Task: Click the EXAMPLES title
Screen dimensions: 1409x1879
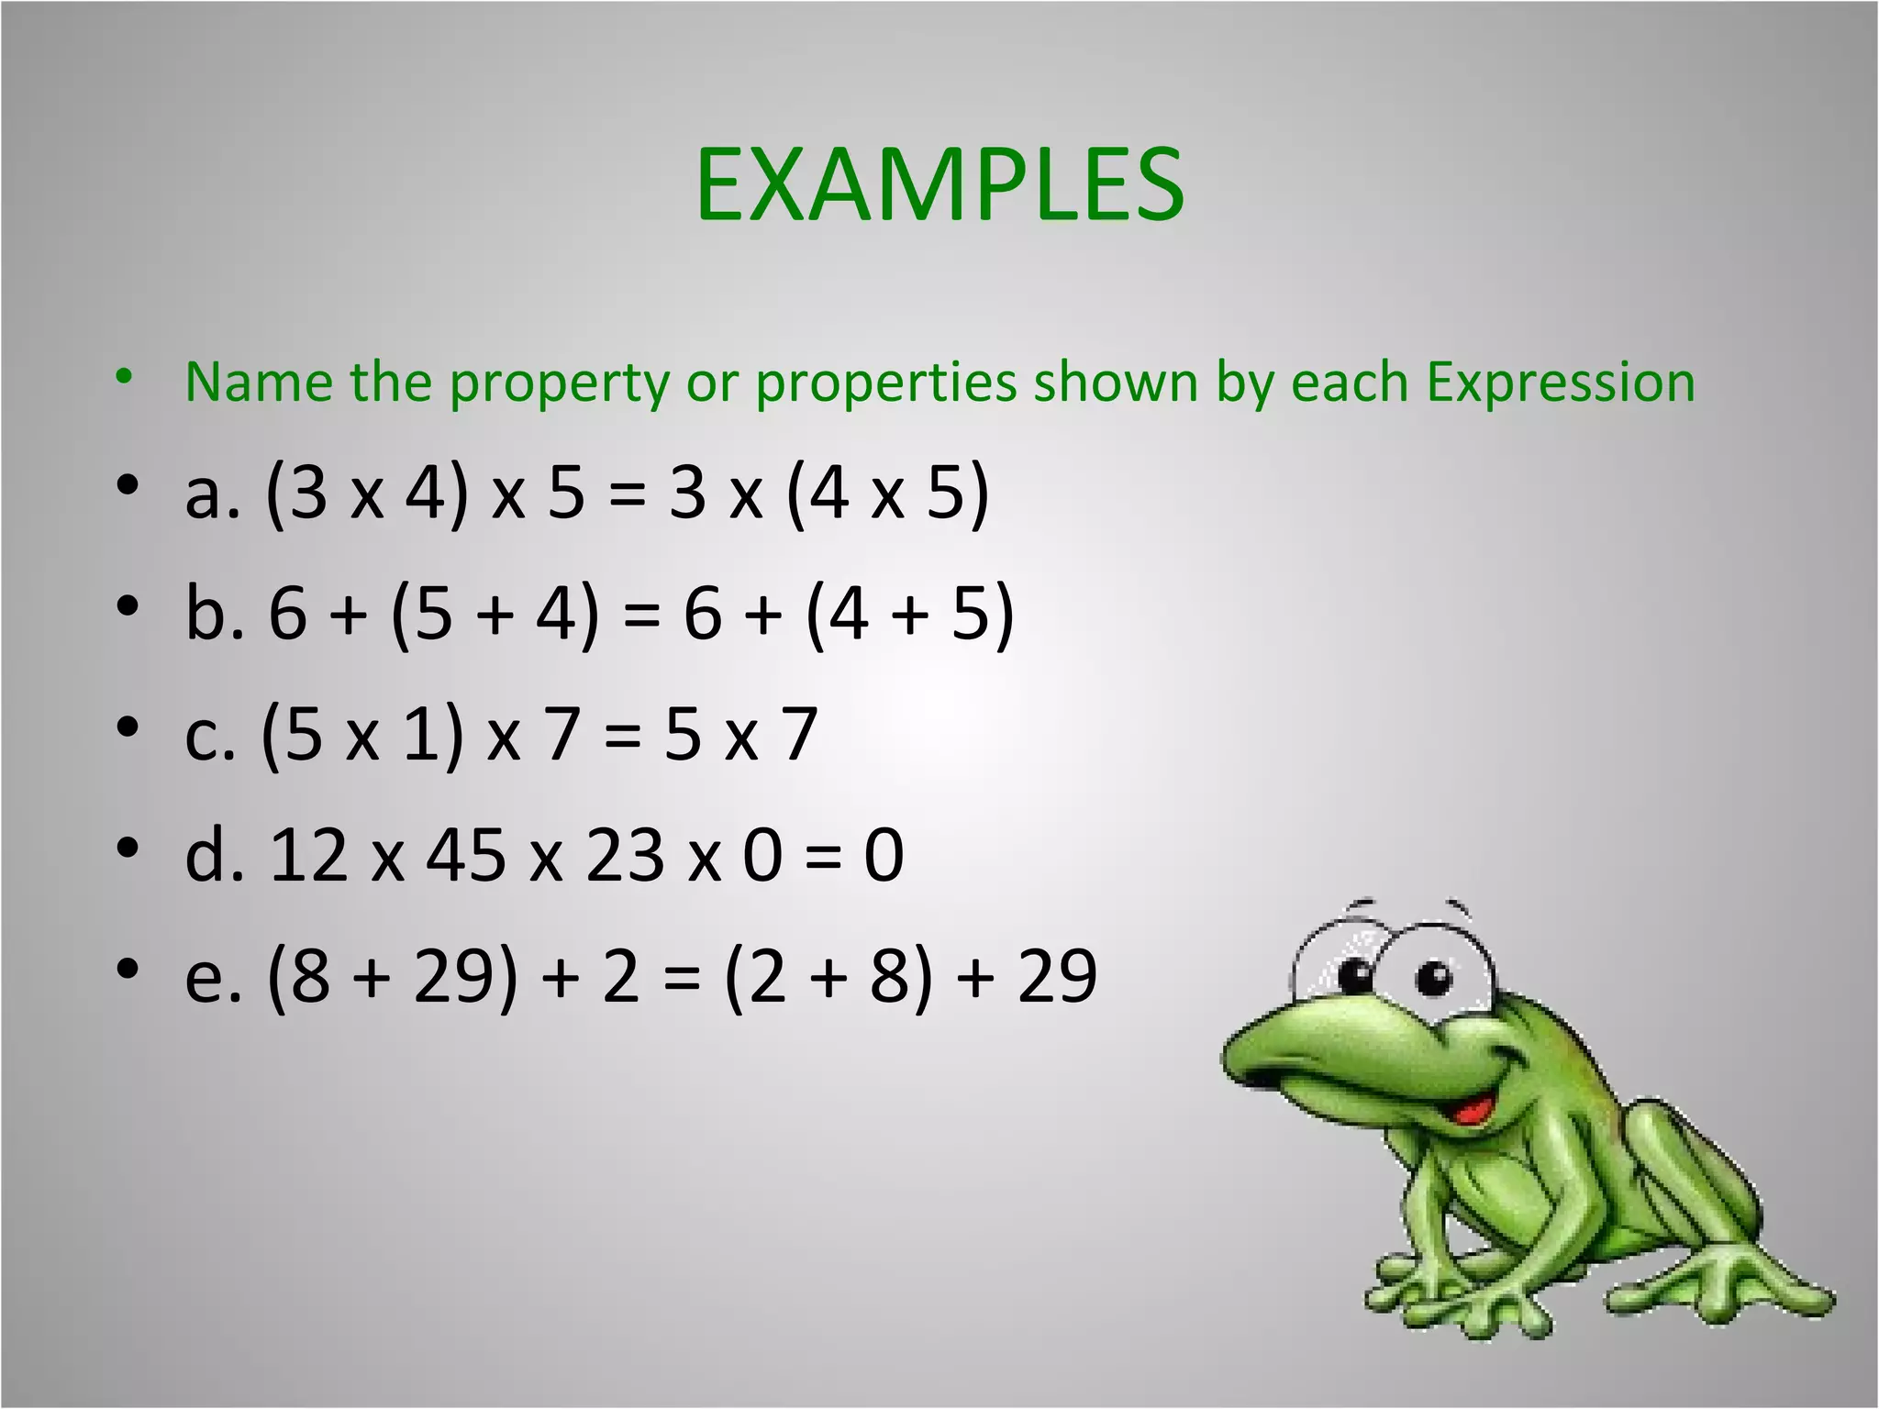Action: point(939,185)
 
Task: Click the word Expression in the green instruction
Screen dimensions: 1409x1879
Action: point(1560,382)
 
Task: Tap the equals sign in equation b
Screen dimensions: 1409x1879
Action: point(640,615)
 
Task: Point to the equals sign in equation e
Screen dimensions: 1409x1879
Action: point(681,978)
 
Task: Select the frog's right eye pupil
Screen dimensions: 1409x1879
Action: point(1432,976)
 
